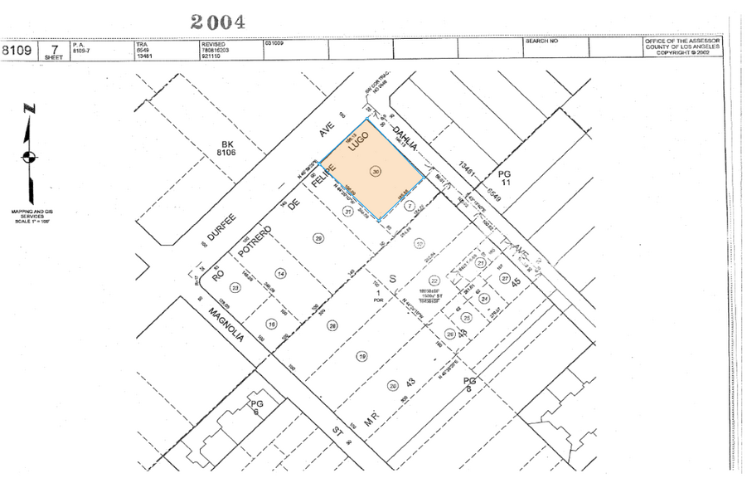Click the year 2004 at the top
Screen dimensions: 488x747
[217, 22]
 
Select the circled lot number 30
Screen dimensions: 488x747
[376, 172]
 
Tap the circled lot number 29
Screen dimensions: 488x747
[318, 238]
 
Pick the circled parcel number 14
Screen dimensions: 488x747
[281, 273]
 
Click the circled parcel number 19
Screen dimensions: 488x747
[361, 356]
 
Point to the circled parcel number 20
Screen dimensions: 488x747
[392, 385]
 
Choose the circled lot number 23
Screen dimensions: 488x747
[235, 288]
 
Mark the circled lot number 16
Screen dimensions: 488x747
[270, 324]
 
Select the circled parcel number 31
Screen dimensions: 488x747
[348, 211]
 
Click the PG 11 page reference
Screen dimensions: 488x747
[506, 181]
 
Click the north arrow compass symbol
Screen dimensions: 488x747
[29, 154]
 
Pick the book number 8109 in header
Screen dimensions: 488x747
[17, 50]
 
